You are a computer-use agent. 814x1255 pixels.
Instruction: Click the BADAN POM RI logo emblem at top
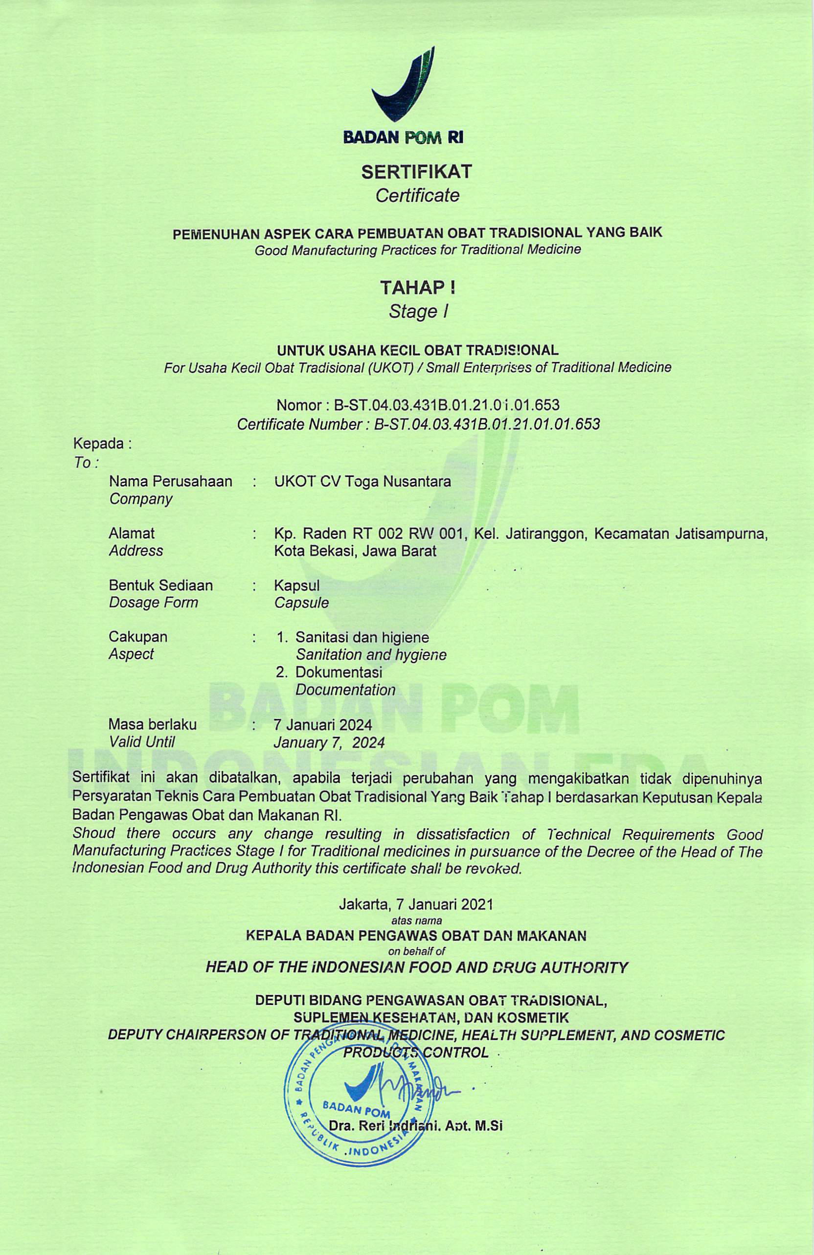(404, 85)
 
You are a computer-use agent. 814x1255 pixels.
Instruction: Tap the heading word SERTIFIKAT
(416, 171)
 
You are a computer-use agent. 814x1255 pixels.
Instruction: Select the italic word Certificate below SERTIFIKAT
(417, 196)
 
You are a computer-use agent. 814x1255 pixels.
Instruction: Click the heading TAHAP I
(418, 288)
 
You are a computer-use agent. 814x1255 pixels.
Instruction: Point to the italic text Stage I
(418, 312)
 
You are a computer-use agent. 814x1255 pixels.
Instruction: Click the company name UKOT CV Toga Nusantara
(362, 481)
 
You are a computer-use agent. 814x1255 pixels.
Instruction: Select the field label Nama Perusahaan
(170, 481)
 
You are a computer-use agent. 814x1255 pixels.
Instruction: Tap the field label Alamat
(132, 533)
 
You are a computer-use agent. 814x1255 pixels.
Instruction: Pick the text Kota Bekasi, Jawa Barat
(355, 552)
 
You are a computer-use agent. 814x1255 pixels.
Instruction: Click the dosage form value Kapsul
(296, 585)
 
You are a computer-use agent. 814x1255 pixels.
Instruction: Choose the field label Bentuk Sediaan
(160, 585)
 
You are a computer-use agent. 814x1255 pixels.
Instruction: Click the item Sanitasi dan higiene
(362, 637)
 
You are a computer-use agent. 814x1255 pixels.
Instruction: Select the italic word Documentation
(345, 690)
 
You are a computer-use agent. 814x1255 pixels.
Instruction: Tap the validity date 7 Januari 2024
(323, 724)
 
